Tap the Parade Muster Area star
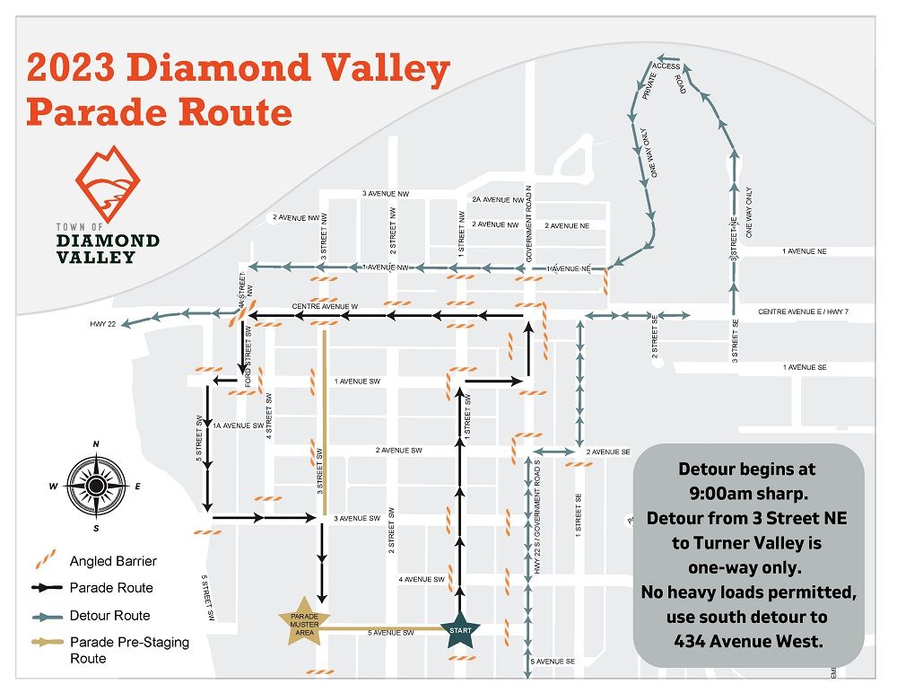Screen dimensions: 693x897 (x=304, y=619)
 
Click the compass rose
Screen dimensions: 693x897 (x=96, y=486)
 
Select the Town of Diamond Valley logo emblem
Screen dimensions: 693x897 (x=108, y=185)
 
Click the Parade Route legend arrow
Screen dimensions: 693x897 (x=46, y=589)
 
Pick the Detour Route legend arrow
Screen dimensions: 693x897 (x=46, y=616)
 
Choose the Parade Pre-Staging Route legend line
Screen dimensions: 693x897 (x=46, y=643)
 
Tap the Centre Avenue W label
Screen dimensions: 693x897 (x=325, y=307)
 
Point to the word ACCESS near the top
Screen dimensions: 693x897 (x=666, y=66)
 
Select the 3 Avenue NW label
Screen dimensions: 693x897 (x=386, y=194)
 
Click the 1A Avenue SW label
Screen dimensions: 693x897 (x=238, y=425)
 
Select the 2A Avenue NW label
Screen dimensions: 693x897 (x=496, y=200)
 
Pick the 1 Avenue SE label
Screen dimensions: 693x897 (x=804, y=367)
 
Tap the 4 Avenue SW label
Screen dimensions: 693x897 (x=422, y=580)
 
